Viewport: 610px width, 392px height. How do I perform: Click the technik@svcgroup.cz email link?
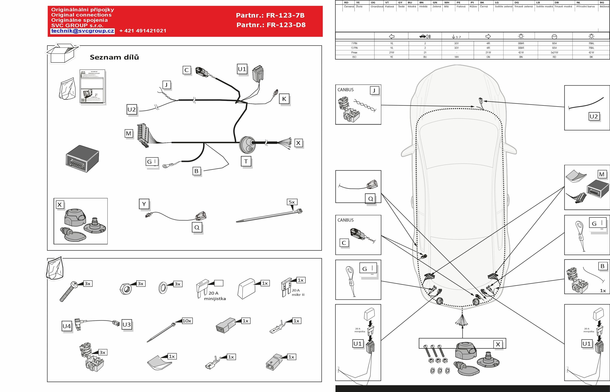click(x=83, y=31)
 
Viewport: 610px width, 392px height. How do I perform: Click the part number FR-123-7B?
click(x=270, y=16)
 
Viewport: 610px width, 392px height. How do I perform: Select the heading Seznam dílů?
click(x=114, y=57)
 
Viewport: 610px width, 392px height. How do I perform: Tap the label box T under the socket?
click(x=246, y=161)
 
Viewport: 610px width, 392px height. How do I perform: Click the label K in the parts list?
click(x=284, y=99)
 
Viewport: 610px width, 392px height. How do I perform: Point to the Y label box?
click(x=144, y=204)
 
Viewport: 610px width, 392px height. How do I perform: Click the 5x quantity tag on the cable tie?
click(x=292, y=202)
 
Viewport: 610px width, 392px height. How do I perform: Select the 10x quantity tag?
click(x=187, y=321)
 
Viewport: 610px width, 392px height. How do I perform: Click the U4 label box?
click(x=67, y=326)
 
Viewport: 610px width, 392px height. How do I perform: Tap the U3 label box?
click(x=127, y=325)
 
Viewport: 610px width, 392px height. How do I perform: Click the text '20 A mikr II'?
click(x=298, y=293)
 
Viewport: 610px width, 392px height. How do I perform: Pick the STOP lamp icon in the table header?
click(x=554, y=36)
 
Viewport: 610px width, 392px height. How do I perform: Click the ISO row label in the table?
click(x=354, y=57)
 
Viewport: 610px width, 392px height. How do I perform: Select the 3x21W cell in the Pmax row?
click(x=554, y=52)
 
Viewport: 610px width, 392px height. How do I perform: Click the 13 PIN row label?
click(x=354, y=48)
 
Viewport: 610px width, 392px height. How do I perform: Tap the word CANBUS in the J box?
click(x=345, y=90)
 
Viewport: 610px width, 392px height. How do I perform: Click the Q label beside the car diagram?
click(x=371, y=199)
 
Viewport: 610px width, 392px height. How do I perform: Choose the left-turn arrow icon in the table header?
click(x=392, y=36)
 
